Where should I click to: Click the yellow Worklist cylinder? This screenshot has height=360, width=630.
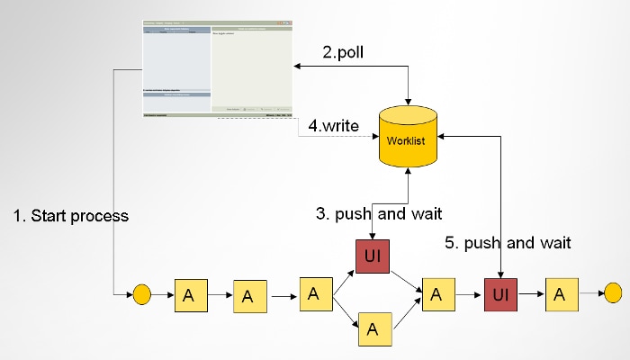point(409,141)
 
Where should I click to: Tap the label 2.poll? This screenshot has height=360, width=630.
point(344,52)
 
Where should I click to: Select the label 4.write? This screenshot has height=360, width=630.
point(334,126)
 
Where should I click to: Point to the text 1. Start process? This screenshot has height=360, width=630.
point(71,216)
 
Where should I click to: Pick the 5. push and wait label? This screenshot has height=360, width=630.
point(508,242)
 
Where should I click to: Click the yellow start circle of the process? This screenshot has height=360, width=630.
point(140,293)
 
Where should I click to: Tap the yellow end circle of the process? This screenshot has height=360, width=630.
point(613,292)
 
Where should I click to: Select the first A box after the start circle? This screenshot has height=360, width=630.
point(189,294)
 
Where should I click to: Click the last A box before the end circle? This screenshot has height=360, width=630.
point(561,293)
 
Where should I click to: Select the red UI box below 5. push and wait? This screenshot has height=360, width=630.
point(500,293)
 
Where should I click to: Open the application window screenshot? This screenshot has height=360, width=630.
point(218,67)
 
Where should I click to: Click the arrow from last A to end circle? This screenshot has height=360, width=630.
point(590,293)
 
